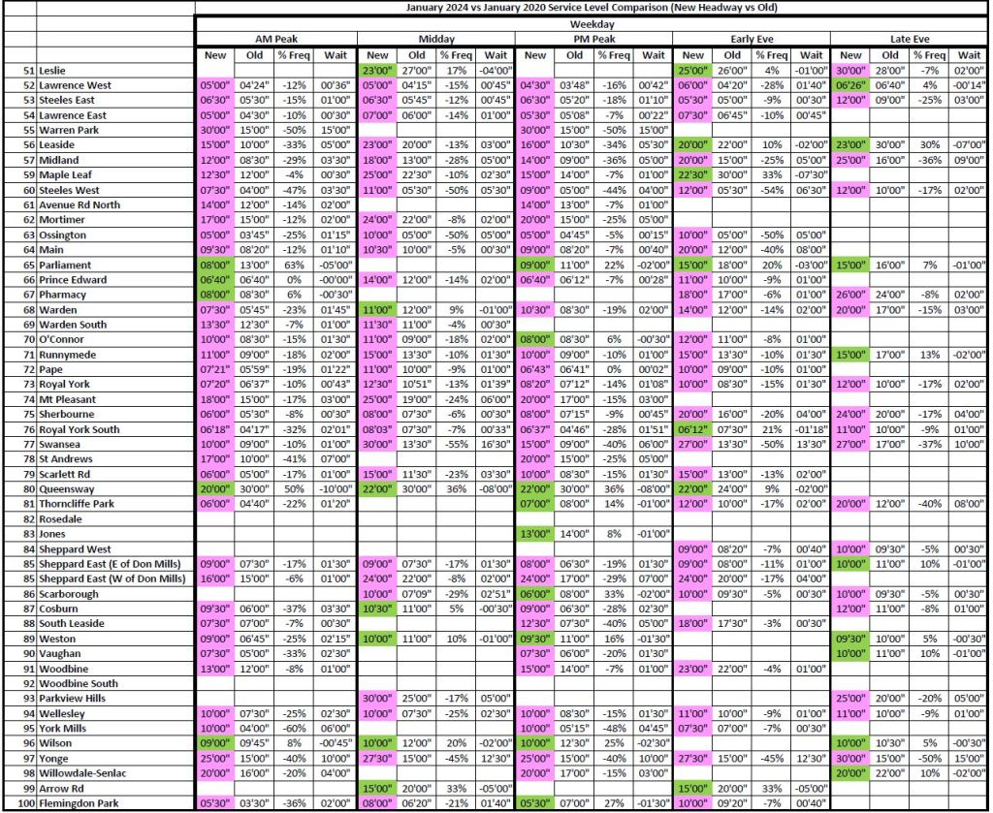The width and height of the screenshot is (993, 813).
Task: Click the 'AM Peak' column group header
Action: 275,39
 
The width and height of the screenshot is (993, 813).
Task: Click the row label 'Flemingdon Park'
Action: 81,803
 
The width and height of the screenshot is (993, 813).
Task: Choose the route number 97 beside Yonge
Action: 27,760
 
